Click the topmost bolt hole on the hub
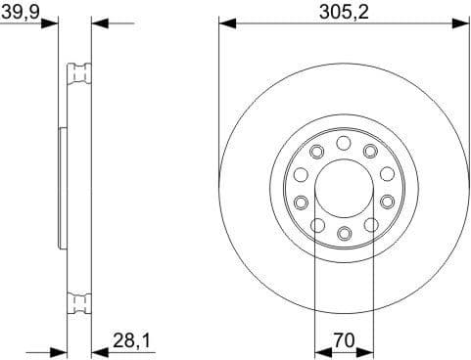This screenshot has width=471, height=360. pyautogui.click(x=344, y=144)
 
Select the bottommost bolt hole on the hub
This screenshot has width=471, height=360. pyautogui.click(x=344, y=233)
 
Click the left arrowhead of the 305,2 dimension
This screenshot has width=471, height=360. pyautogui.click(x=225, y=22)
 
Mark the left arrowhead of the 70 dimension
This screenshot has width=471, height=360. pyautogui.click(x=319, y=350)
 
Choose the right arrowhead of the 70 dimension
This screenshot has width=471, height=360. pyautogui.click(x=368, y=350)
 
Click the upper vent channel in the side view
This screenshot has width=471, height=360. pyautogui.click(x=77, y=73)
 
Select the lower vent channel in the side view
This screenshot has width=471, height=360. pyautogui.click(x=77, y=302)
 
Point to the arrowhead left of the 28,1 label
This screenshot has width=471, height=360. pyautogui.click(x=98, y=350)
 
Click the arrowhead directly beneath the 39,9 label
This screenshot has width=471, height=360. pyautogui.click(x=51, y=22)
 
